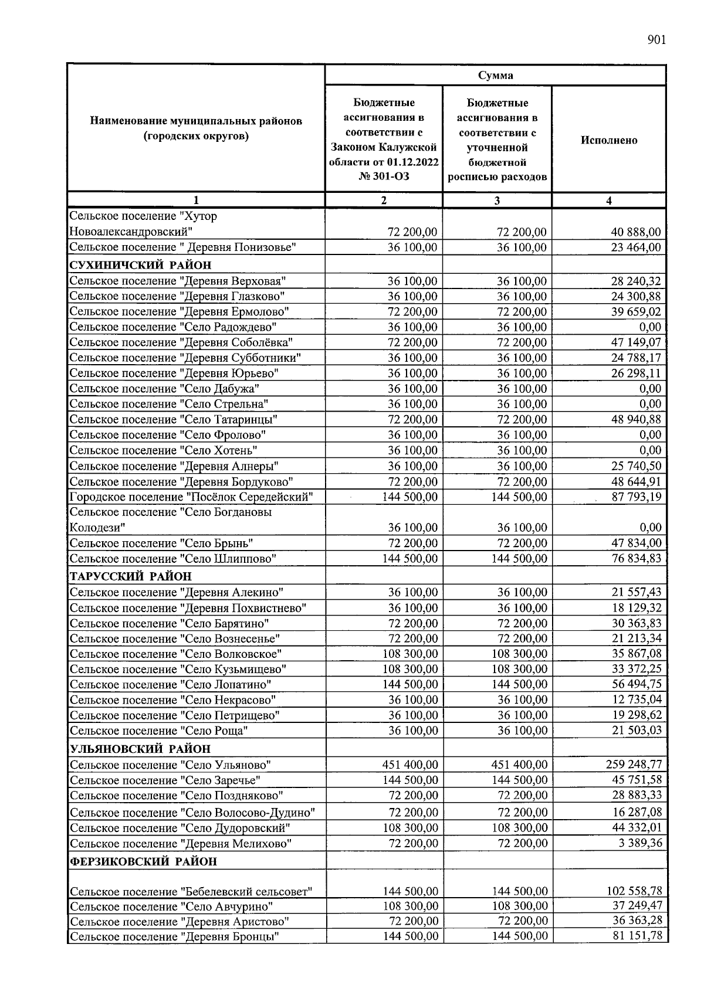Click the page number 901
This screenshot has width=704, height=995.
click(656, 40)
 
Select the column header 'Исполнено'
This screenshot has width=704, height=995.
click(609, 140)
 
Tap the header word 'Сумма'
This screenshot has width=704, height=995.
click(495, 75)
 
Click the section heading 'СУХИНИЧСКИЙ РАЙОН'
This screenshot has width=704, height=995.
click(140, 264)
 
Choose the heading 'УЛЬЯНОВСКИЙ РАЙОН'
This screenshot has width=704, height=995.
click(140, 749)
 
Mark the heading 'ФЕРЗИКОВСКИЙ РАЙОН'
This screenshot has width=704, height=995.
click(143, 861)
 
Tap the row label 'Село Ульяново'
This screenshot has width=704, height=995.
click(170, 765)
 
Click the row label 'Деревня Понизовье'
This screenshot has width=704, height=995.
click(182, 247)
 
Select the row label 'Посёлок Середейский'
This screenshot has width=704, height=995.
click(191, 497)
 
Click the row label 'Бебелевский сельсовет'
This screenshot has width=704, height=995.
click(191, 892)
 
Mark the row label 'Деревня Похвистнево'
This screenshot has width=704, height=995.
click(188, 608)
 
